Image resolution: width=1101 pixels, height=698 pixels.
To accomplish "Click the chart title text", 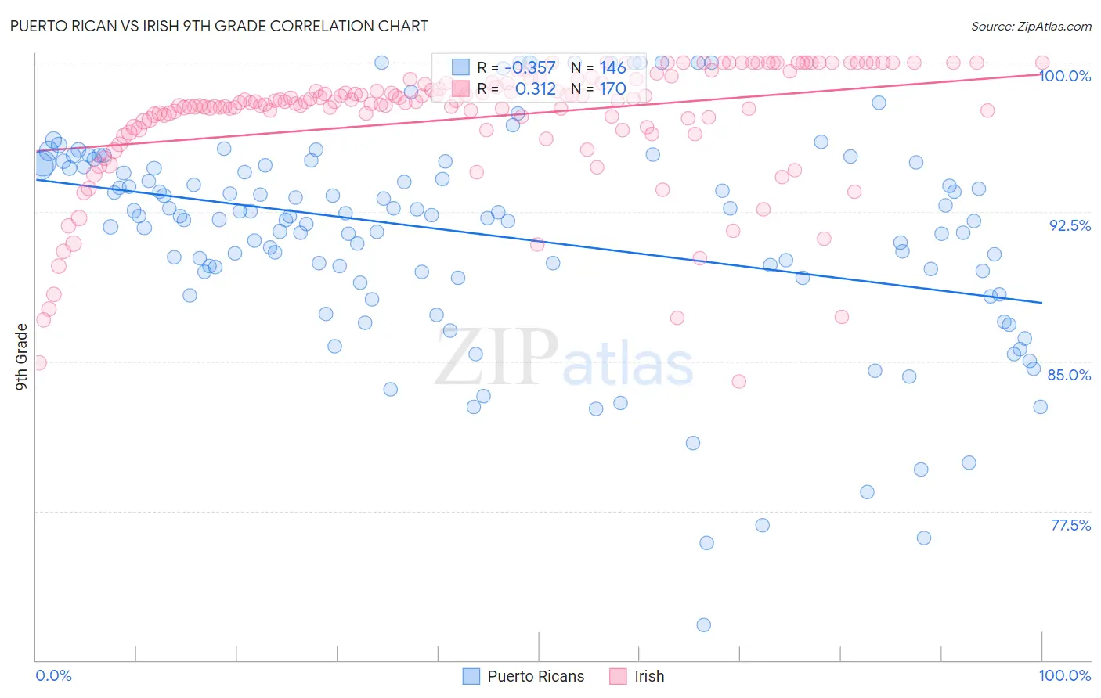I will [x=218, y=26].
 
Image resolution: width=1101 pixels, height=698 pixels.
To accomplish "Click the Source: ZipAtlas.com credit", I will [x=1031, y=26].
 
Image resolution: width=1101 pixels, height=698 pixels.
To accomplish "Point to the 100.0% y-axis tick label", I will [x=1065, y=76].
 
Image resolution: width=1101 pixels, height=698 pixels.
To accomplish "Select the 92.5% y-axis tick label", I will [x=1070, y=225].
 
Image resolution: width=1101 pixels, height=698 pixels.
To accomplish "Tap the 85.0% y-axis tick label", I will [x=1069, y=375].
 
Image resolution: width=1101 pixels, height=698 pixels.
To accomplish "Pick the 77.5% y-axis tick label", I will [x=1070, y=525].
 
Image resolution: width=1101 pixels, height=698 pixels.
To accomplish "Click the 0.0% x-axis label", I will [x=53, y=675].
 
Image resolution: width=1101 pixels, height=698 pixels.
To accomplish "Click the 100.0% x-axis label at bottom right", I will [x=1064, y=675].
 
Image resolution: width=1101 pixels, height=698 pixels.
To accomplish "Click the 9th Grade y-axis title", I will [x=21, y=357].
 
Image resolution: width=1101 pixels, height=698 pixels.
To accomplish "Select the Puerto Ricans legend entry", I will [x=535, y=676].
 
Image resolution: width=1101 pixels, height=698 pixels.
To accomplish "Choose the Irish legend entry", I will [x=648, y=676].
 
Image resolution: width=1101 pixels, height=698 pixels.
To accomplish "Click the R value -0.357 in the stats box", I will [x=529, y=68].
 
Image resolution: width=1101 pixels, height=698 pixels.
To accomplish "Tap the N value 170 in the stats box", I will [x=612, y=89].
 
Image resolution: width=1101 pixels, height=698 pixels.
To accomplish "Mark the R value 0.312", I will [x=535, y=89].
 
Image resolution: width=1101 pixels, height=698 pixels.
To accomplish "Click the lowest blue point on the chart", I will [x=703, y=624].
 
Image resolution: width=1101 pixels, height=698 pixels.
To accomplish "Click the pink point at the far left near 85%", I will [x=38, y=362].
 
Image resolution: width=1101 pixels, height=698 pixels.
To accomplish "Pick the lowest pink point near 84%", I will [x=738, y=381].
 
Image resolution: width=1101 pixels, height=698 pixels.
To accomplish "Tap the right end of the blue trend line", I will [x=1041, y=302].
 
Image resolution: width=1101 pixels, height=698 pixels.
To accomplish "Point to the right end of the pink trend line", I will [x=1041, y=74].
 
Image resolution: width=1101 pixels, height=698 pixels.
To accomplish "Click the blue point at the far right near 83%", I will [x=1040, y=406].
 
